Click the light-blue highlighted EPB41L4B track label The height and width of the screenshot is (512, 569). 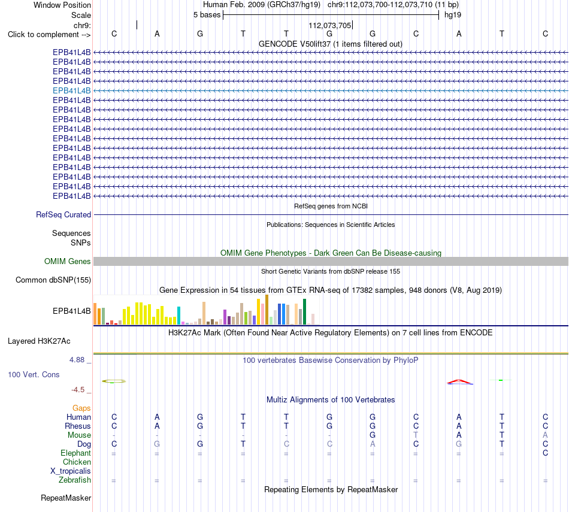coord(71,90)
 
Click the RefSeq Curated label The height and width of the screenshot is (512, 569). coord(63,215)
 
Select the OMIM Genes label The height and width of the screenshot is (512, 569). coord(67,261)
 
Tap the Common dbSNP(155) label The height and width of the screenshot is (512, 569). coord(53,280)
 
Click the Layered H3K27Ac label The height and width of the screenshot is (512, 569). coord(39,341)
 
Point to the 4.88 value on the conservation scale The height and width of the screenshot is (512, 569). coord(77,360)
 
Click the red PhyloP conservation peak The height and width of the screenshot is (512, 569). coord(459,381)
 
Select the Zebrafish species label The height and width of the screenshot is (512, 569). coord(74,480)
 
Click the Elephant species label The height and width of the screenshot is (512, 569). coord(75,453)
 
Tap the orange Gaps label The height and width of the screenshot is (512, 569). coord(81,408)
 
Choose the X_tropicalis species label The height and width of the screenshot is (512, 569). coord(71,471)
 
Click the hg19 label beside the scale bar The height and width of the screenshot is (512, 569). coord(453,15)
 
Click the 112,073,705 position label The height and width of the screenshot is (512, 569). coord(329,25)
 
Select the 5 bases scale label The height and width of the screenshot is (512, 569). coord(207,15)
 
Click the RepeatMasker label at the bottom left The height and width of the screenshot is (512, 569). coord(66,498)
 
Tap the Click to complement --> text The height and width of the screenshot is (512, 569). coord(49,35)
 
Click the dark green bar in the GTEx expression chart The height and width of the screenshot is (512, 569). coord(304,312)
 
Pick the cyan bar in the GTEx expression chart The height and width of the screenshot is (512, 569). coord(178,316)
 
